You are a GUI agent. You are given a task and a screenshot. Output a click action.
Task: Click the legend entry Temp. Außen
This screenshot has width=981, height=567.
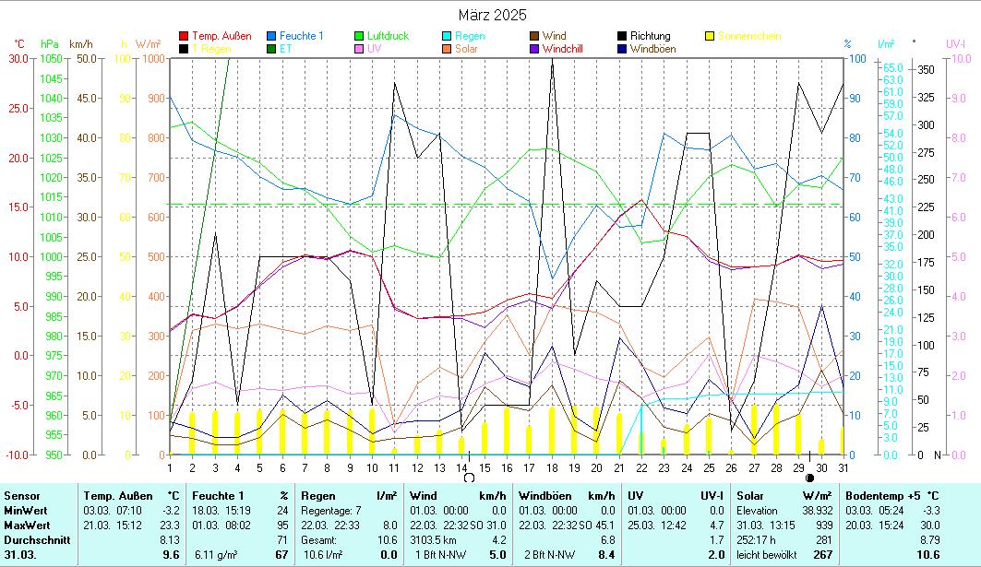click(221, 36)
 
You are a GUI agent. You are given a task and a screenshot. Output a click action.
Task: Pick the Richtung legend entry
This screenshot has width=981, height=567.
click(649, 36)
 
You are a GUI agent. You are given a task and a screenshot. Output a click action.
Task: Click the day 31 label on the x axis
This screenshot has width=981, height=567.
click(843, 467)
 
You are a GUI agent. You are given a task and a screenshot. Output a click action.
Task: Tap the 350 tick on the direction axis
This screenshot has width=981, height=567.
click(925, 70)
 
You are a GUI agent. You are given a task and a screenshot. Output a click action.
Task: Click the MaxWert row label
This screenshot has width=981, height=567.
click(26, 525)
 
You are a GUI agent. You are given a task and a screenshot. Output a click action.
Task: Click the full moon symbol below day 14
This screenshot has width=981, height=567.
click(469, 478)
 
